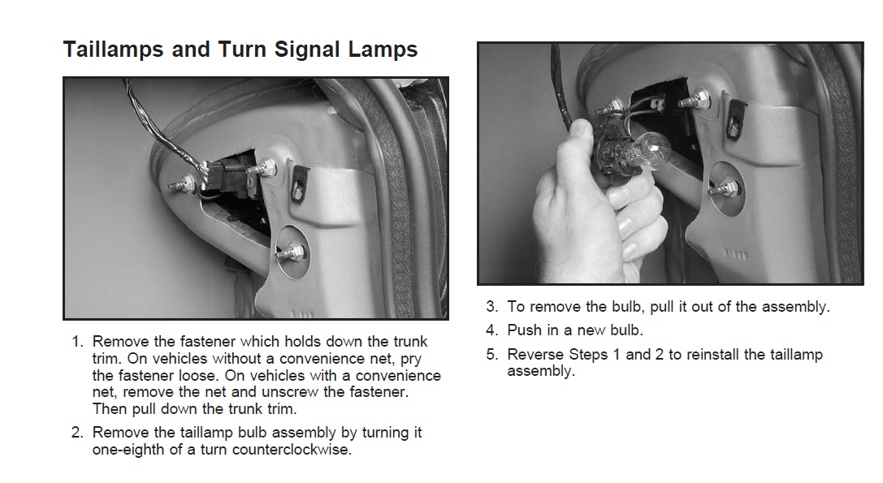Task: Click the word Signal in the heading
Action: tap(306, 50)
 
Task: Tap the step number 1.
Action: tap(77, 342)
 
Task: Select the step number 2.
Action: tap(77, 433)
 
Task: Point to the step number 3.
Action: tap(492, 307)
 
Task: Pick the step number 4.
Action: tap(492, 330)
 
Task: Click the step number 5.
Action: tap(492, 355)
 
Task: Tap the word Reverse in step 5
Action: tap(536, 355)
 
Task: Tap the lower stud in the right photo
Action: tap(725, 188)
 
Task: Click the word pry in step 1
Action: tap(411, 360)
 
